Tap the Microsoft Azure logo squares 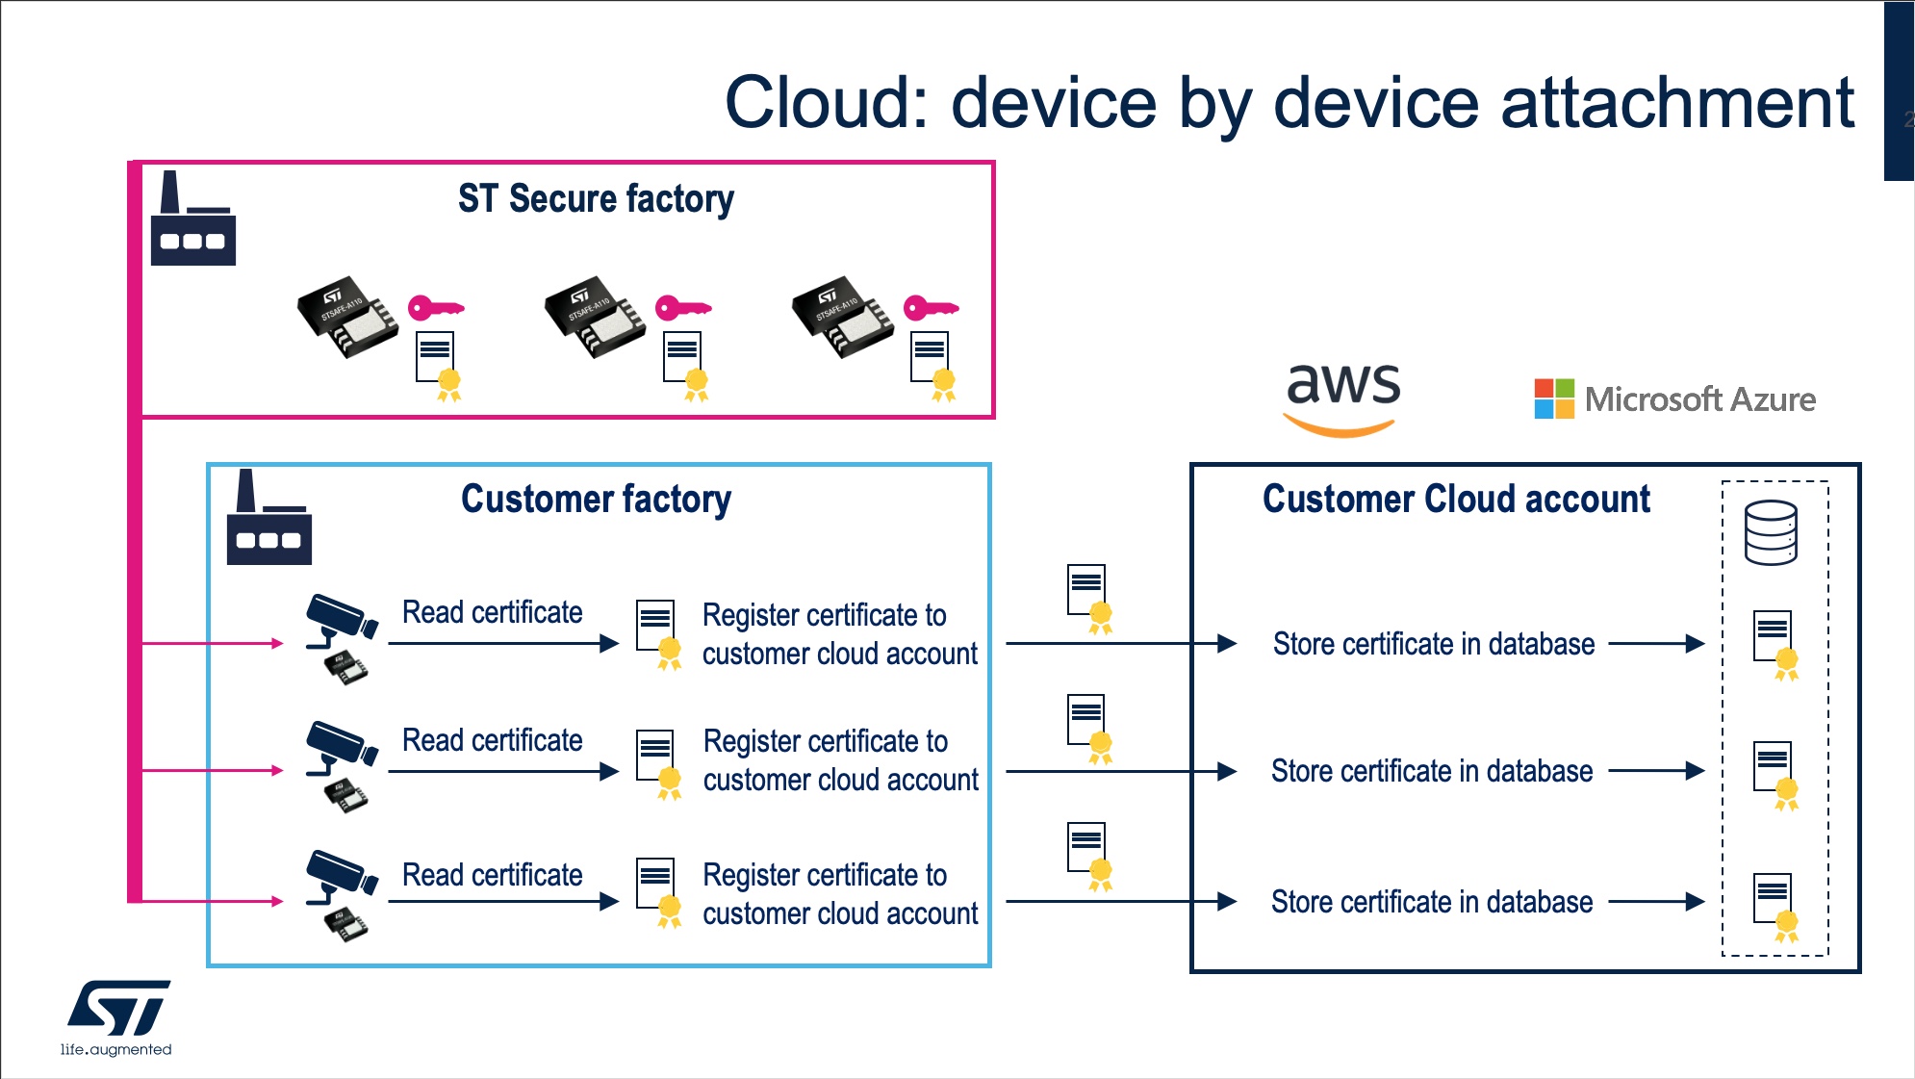coord(1554,398)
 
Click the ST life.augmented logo coord(117,1017)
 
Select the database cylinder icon coord(1771,532)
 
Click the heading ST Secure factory coord(596,199)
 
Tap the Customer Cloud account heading coord(1456,500)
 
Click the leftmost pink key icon coord(436,308)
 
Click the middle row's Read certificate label coord(492,740)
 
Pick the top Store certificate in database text coord(1433,644)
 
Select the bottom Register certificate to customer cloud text coord(839,894)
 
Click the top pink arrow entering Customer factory coord(212,643)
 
